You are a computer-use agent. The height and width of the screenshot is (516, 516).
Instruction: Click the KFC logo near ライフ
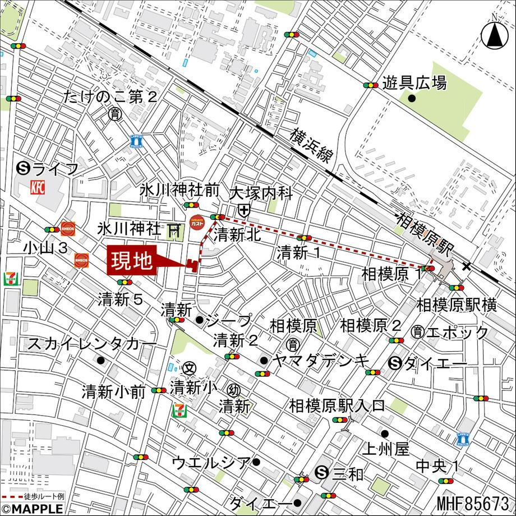coord(38,187)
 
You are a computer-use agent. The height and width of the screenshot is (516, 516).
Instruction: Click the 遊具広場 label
coord(414,84)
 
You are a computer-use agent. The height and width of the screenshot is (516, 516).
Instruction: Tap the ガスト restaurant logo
coord(196,223)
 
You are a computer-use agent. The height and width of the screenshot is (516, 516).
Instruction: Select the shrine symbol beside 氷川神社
coord(174,229)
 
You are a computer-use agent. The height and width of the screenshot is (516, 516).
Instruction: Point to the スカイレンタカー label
coord(93,343)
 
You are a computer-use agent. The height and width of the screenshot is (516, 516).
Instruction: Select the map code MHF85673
coord(475,504)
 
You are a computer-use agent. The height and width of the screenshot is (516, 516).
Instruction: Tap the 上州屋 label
coord(386,449)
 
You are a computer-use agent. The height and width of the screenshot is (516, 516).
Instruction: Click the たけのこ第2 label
coord(110,96)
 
